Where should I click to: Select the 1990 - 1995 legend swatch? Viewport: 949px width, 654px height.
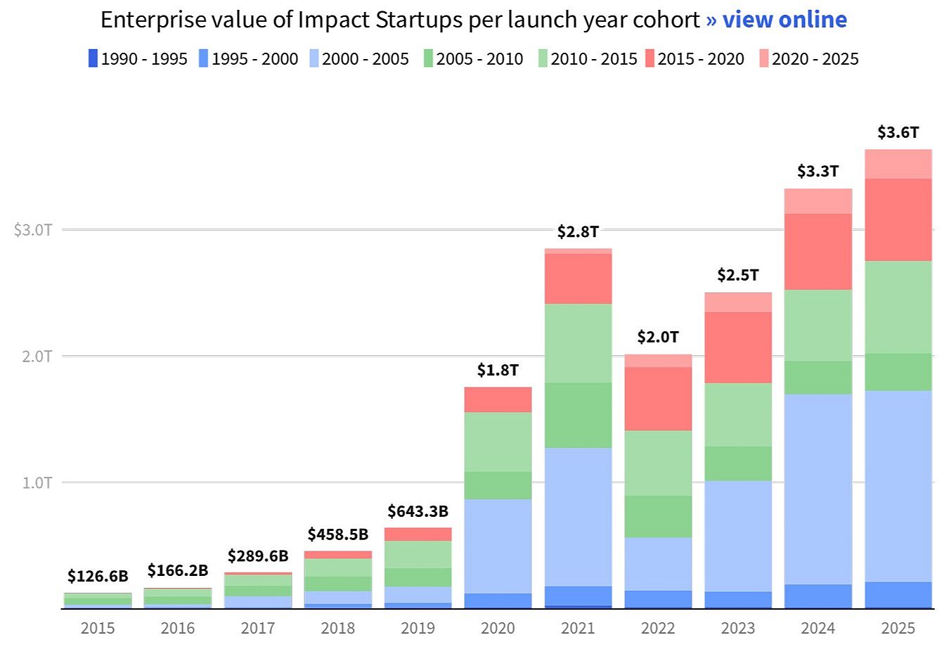[93, 58]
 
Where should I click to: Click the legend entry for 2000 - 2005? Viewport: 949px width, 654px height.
[359, 58]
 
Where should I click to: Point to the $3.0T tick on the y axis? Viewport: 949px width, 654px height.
[33, 230]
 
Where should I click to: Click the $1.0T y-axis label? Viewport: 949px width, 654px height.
[33, 483]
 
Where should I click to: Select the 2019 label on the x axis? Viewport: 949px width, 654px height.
[418, 628]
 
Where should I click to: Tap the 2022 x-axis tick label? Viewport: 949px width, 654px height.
[658, 628]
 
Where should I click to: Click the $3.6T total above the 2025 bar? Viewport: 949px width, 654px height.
[898, 132]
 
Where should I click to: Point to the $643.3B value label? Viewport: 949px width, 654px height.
[418, 511]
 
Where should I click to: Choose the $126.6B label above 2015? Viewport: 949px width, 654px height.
[98, 577]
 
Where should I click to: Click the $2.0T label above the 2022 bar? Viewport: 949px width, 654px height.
[658, 337]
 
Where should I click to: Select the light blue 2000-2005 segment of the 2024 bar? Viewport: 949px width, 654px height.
[818, 489]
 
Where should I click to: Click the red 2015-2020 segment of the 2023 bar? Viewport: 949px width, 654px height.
[737, 347]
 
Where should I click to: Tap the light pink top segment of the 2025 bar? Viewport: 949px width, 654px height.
[898, 164]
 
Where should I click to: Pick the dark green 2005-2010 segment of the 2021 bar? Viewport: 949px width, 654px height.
[578, 415]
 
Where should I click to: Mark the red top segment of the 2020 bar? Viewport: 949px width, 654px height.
[498, 399]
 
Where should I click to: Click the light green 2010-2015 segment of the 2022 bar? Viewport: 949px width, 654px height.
[658, 463]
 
